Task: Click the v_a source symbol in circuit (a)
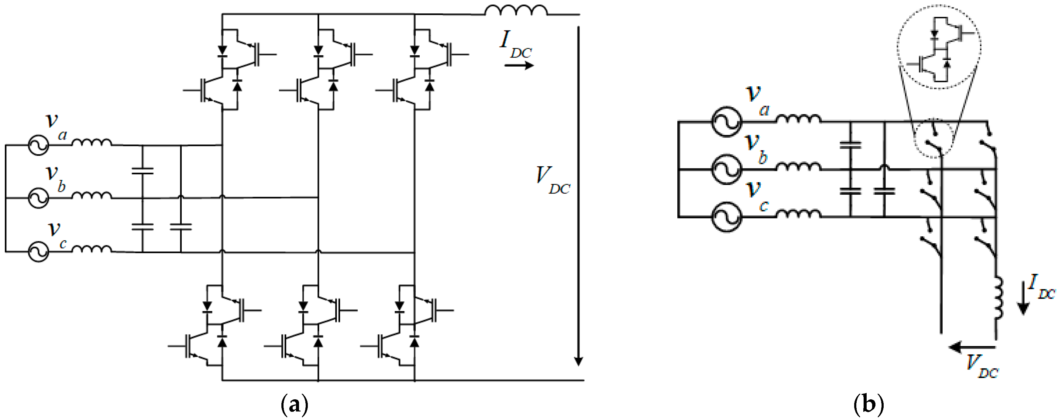click(38, 145)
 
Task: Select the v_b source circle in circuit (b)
click(727, 169)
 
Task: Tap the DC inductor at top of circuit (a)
click(516, 10)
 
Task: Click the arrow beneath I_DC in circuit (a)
click(519, 65)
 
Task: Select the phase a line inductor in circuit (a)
click(91, 142)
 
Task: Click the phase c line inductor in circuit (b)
click(798, 214)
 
